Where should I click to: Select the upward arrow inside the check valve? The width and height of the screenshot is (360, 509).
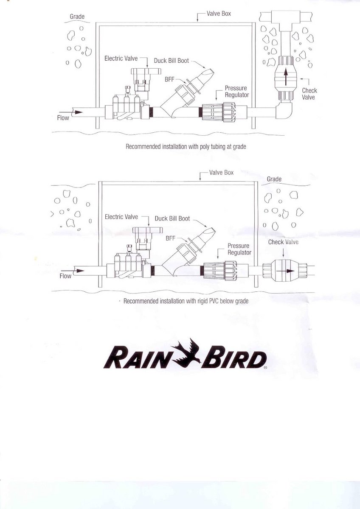[x=286, y=77]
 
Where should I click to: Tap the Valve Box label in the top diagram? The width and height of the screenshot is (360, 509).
[x=219, y=14]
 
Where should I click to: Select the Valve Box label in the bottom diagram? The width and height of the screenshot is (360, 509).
[x=221, y=173]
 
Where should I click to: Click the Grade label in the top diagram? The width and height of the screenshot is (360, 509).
[x=77, y=17]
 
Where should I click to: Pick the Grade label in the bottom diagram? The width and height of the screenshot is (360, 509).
[x=274, y=179]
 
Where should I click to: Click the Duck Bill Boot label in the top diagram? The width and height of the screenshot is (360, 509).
[x=172, y=61]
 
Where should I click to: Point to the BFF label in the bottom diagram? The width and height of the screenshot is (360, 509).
[x=171, y=238]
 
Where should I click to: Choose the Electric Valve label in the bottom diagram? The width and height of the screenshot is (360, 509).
[x=121, y=217]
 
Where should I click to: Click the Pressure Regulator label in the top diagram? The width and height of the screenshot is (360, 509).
[x=237, y=91]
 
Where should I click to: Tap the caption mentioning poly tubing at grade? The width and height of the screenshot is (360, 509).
[x=186, y=147]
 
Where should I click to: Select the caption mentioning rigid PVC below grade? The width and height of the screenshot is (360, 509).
[x=186, y=301]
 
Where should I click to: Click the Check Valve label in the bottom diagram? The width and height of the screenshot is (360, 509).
[x=283, y=242]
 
